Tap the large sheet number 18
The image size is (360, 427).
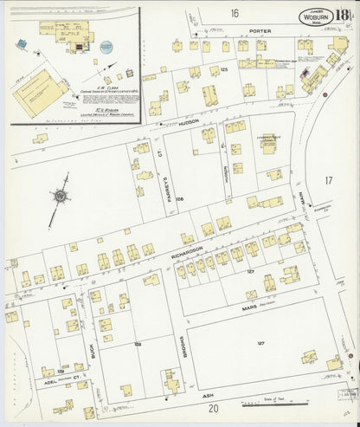[344, 15]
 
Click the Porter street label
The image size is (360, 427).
[260, 30]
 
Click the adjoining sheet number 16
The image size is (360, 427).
[234, 13]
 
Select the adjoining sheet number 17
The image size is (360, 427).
[328, 180]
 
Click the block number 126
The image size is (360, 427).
[180, 199]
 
